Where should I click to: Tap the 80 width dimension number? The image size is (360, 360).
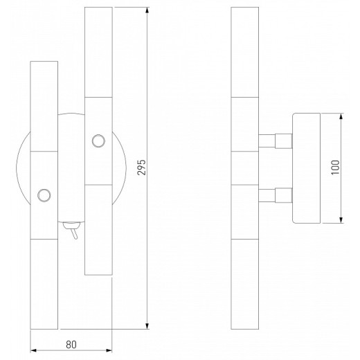[x=71, y=342]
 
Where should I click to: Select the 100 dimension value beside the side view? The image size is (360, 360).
[x=336, y=168]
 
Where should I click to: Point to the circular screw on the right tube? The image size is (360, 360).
[x=97, y=141]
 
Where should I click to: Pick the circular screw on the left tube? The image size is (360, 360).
[x=44, y=195]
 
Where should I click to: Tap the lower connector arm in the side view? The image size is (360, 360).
[x=274, y=196]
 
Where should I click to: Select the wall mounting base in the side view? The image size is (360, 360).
[x=307, y=168]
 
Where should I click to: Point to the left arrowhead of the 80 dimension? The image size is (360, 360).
[x=35, y=350]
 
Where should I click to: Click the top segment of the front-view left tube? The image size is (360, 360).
[x=44, y=105]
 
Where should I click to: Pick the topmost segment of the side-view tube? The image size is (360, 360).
[x=244, y=52]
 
